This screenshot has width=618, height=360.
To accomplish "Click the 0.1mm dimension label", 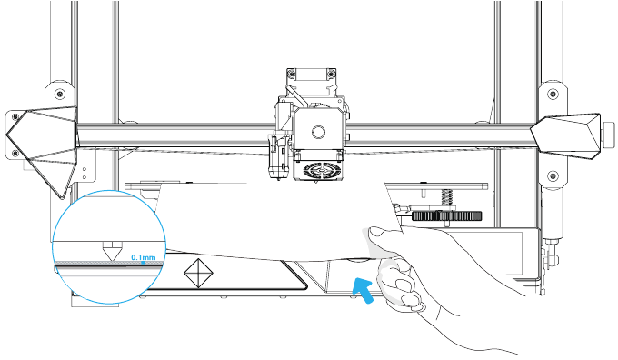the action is pyautogui.click(x=144, y=257).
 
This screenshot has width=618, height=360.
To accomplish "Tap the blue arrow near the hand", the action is pyautogui.click(x=364, y=290).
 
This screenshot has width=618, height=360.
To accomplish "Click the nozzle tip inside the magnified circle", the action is pyautogui.click(x=112, y=259).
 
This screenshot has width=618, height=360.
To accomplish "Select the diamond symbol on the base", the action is pyautogui.click(x=199, y=273).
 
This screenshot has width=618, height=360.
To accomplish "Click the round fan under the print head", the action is pyautogui.click(x=318, y=170).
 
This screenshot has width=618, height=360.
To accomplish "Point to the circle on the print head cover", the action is pyautogui.click(x=318, y=132).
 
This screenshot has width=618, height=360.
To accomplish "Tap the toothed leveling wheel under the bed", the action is pyautogui.click(x=447, y=215).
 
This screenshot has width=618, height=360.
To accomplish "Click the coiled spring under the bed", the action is pyautogui.click(x=446, y=197).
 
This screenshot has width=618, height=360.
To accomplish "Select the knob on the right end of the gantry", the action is pyautogui.click(x=609, y=135).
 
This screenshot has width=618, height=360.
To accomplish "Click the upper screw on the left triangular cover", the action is pyautogui.click(x=15, y=116).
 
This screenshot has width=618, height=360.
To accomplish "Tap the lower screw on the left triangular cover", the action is pyautogui.click(x=15, y=153).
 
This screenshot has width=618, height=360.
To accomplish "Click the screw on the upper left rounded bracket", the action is pyautogui.click(x=60, y=95).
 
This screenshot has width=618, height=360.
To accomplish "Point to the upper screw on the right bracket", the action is pyautogui.click(x=553, y=95).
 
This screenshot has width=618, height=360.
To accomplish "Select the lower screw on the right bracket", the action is pyautogui.click(x=553, y=175).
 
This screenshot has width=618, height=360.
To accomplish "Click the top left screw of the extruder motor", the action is pyautogui.click(x=291, y=74).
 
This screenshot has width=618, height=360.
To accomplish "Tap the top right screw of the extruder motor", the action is pyautogui.click(x=332, y=74).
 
